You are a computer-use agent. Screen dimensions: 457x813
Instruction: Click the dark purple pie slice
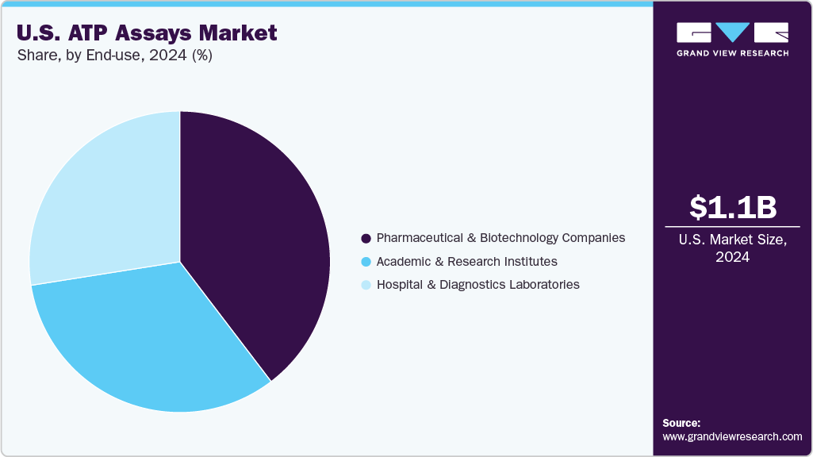coord(254,238)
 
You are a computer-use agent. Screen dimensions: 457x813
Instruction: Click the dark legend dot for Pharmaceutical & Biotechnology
coord(366,239)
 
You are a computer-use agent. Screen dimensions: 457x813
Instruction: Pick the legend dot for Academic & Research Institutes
coord(366,262)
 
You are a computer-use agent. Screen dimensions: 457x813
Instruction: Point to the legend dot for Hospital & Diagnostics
coord(366,285)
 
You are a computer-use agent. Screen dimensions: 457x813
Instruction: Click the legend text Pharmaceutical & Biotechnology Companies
coord(500,238)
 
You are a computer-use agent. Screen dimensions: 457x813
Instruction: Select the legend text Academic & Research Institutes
coord(466,261)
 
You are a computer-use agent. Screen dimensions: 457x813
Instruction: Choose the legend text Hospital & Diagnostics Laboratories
coord(477,284)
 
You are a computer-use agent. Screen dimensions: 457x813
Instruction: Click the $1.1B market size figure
coord(733,207)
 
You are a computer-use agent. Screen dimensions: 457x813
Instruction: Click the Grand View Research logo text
coord(733,53)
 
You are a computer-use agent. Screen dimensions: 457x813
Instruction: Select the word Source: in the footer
coord(681,423)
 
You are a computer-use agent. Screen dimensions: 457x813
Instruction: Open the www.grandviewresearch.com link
coord(732,436)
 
